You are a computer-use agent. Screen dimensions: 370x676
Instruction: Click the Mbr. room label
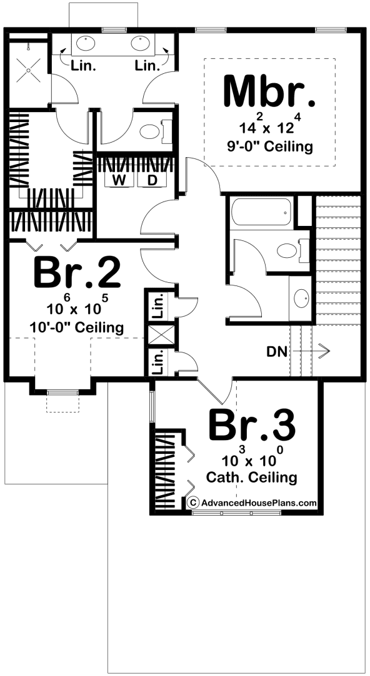[x=269, y=91]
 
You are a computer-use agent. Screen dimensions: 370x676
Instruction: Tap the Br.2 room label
[x=77, y=272]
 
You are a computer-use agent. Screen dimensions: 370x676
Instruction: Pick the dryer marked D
[x=152, y=180]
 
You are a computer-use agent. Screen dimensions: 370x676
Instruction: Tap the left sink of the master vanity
[x=86, y=43]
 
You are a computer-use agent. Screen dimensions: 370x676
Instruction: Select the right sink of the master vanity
[x=140, y=43]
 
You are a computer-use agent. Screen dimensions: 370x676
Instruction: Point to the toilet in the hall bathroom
[x=291, y=250]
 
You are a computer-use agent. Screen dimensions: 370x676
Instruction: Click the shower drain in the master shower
[x=28, y=70]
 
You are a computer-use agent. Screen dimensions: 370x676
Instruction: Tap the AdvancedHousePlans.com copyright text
[x=253, y=502]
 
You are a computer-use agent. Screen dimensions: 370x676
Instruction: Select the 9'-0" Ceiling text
[x=269, y=146]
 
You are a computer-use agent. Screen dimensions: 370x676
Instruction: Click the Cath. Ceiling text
[x=251, y=477]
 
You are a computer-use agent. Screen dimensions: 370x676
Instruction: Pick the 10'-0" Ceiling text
[x=77, y=327]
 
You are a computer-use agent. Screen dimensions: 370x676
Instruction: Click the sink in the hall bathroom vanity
[x=301, y=298]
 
